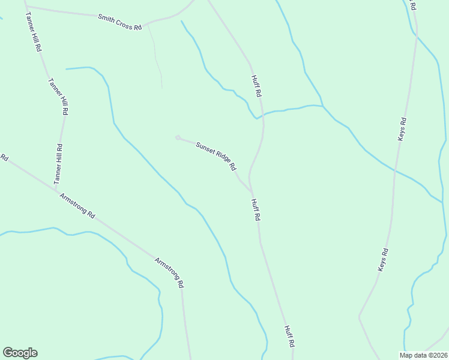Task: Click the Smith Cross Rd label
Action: [x=120, y=23]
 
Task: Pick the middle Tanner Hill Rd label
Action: [x=58, y=97]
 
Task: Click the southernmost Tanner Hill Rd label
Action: [x=58, y=164]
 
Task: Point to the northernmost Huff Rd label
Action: [x=256, y=85]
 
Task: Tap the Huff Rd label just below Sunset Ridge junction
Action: [x=255, y=210]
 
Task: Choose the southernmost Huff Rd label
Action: [x=289, y=337]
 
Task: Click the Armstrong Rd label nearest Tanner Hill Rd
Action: [x=77, y=206]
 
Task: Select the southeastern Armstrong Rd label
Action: [x=169, y=272]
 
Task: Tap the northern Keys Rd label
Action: [x=402, y=129]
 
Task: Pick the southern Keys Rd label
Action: [x=384, y=260]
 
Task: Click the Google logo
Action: [x=20, y=353]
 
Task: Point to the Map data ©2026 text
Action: [x=423, y=355]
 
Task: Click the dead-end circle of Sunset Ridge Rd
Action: [x=178, y=138]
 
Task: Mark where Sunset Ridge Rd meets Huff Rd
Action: [x=252, y=192]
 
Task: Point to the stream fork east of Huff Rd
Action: [x=323, y=106]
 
